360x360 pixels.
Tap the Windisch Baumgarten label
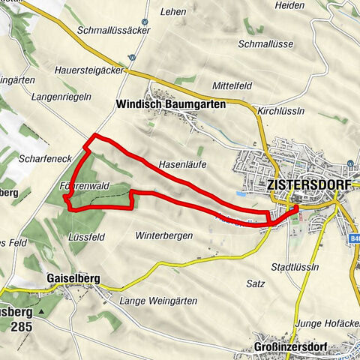pos(171,106)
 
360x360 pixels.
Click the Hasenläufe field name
pos(182,163)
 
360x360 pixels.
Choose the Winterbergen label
pos(165,235)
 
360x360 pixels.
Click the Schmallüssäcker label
pos(114,31)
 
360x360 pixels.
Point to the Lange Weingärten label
pos(158,301)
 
